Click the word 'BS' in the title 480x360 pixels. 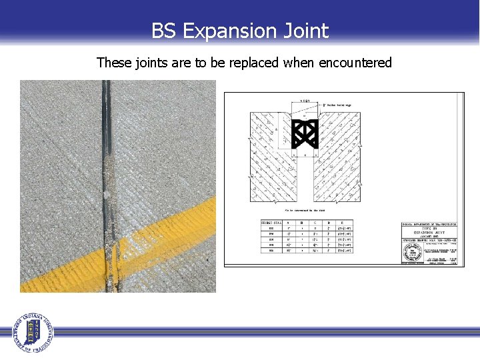164,31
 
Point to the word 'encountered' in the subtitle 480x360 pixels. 355,63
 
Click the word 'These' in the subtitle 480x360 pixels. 113,63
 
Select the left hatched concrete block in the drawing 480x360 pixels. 270,160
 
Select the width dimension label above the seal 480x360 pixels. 305,101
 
